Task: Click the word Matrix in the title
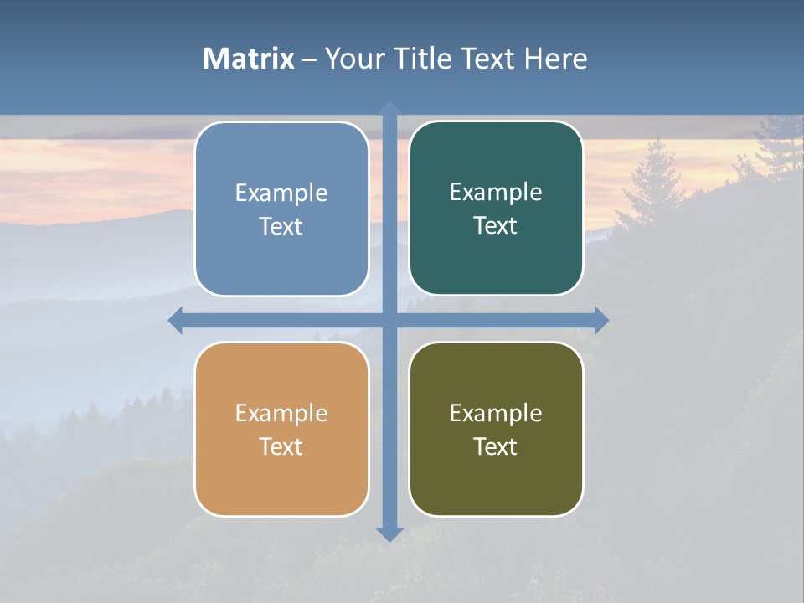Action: point(249,59)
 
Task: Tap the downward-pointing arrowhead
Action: point(389,533)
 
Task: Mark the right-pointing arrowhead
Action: point(601,320)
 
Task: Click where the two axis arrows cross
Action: point(389,320)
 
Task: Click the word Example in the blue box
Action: point(281,193)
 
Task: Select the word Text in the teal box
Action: point(496,226)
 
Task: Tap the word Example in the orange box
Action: point(281,414)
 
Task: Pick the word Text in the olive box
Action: point(496,447)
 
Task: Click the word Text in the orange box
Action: point(281,447)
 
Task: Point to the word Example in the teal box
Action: point(496,193)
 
